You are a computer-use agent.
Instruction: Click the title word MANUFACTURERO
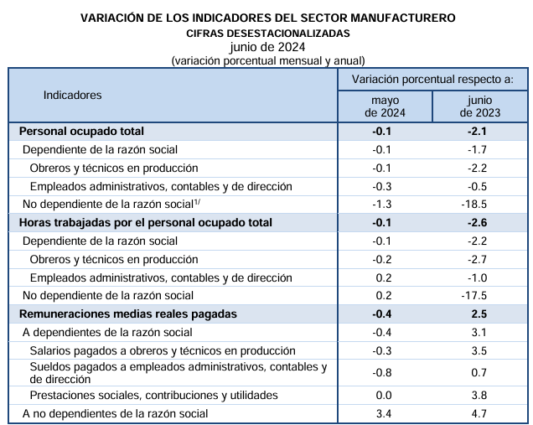(403, 18)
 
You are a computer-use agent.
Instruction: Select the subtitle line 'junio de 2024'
(267, 47)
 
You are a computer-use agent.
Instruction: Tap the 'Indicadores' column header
(72, 96)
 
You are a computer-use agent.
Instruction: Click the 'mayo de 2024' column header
(385, 106)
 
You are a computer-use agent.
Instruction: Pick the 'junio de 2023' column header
(480, 106)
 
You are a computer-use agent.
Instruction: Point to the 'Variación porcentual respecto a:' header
(432, 80)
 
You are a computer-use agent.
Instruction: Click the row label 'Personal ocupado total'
(81, 132)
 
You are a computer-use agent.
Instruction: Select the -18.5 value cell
(473, 204)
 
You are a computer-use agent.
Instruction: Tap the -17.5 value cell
(473, 295)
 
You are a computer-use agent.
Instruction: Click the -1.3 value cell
(382, 204)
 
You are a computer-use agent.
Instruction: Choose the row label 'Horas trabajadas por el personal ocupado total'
(146, 223)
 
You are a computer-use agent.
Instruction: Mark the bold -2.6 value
(477, 223)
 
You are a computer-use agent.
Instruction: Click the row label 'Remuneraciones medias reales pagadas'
(128, 314)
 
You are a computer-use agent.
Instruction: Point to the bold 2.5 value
(479, 314)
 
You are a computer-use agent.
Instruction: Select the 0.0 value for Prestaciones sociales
(384, 396)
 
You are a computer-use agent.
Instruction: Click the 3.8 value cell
(479, 396)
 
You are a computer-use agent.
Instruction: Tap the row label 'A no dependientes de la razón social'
(116, 414)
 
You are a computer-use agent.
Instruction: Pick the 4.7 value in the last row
(479, 414)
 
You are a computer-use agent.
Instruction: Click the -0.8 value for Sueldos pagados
(382, 373)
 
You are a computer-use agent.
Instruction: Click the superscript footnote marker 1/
(197, 202)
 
